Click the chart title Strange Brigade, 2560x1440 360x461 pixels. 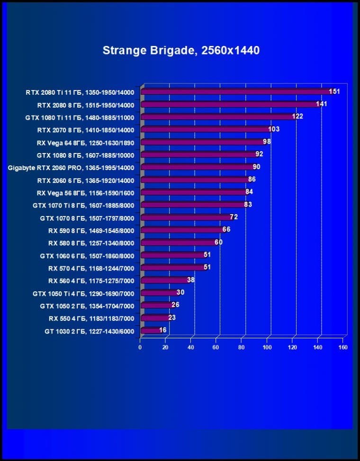181,50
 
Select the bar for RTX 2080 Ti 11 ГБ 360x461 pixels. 237,91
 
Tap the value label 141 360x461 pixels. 322,104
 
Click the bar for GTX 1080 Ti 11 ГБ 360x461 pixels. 218,117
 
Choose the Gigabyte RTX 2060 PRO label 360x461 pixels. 71,168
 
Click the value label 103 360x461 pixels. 274,129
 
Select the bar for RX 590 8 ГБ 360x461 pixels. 182,230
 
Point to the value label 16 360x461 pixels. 162,330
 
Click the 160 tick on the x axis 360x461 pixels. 343,347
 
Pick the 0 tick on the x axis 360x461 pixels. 140,347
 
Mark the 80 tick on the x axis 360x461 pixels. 242,347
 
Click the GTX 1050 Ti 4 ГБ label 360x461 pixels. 83,293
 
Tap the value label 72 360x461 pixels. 234,217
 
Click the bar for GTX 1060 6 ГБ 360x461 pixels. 173,255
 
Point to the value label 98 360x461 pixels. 267,142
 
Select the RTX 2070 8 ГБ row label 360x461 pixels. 86,130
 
